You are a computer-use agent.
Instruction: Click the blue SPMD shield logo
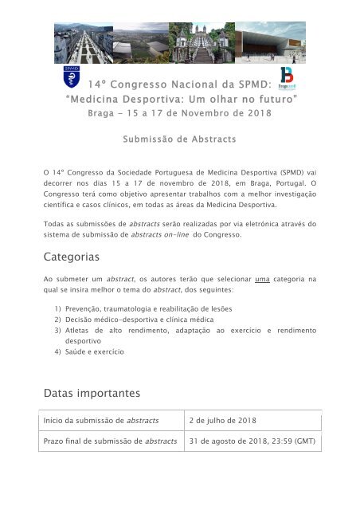coord(71,78)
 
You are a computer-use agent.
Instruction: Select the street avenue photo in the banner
coord(83,42)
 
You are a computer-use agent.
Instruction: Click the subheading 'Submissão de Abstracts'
coord(179,139)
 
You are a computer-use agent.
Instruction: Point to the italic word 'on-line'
coord(208,234)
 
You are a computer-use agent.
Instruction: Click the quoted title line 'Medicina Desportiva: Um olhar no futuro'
coord(179,98)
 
